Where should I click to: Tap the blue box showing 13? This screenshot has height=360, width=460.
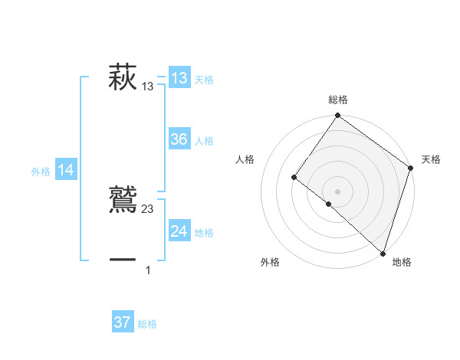pos(179,78)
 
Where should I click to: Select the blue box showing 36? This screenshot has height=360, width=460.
pos(179,139)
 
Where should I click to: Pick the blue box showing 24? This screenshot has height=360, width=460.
pos(179,231)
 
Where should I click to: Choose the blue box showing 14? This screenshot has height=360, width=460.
pos(66,171)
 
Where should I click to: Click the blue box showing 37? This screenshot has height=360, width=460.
pos(123,322)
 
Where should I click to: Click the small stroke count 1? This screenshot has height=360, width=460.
pos(148,270)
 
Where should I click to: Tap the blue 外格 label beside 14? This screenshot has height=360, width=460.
pos(41,172)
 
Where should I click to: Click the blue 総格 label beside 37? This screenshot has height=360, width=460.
pos(147,324)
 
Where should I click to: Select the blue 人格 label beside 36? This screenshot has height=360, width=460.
pos(204,141)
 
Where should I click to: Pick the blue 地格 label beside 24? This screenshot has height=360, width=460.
pos(204,233)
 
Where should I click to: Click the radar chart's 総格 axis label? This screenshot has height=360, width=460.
pos(338,100)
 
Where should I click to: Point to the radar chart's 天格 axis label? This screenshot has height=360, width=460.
pos(431,159)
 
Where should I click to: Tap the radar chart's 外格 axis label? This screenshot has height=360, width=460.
pos(270,262)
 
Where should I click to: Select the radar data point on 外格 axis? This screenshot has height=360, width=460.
pos(328,204)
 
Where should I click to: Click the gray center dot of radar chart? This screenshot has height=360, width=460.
pos(338,191)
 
